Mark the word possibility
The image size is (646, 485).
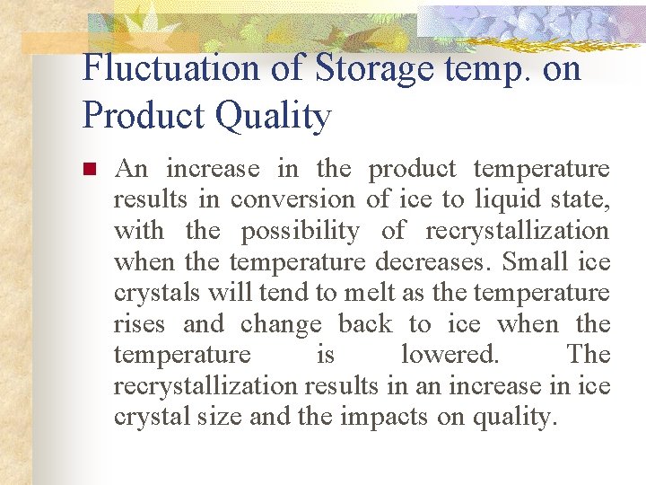[x=300, y=231]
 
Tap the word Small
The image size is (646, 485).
[x=536, y=262]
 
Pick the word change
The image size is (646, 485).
[x=281, y=324]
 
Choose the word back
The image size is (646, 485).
[x=364, y=324]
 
